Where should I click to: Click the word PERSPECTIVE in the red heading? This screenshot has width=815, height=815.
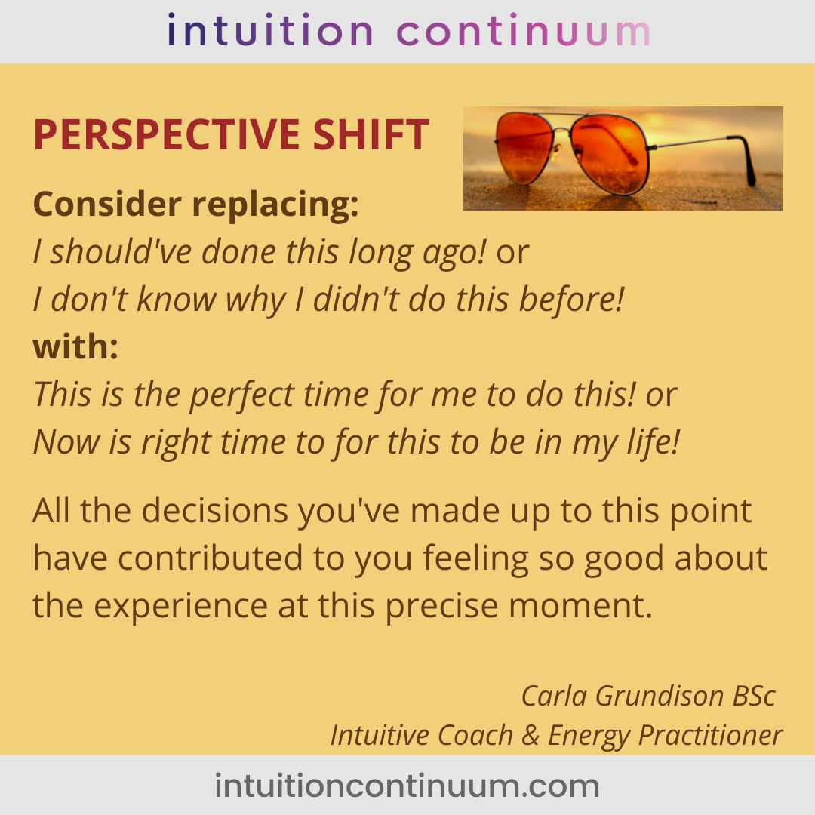(x=167, y=134)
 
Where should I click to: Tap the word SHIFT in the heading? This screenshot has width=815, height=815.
(x=371, y=134)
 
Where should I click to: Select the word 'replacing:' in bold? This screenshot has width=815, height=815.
(x=275, y=205)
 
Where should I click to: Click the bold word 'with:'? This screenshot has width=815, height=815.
(x=76, y=346)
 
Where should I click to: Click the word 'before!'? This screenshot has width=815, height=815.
(x=572, y=300)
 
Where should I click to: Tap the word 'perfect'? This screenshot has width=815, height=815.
(x=242, y=395)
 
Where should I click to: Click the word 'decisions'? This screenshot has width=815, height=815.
(x=215, y=510)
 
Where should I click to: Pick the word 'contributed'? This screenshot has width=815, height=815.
(x=211, y=558)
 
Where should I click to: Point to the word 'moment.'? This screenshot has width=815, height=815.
(x=580, y=606)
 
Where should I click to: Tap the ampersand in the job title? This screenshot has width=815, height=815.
(x=531, y=735)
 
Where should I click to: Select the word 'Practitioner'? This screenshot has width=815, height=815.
(x=711, y=735)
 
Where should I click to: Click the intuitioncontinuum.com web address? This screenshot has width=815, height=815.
(x=407, y=786)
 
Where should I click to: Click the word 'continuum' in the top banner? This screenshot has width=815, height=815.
(x=524, y=31)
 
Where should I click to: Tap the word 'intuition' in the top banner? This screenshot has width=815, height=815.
(x=270, y=30)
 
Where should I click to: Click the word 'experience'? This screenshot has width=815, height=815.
(x=181, y=607)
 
